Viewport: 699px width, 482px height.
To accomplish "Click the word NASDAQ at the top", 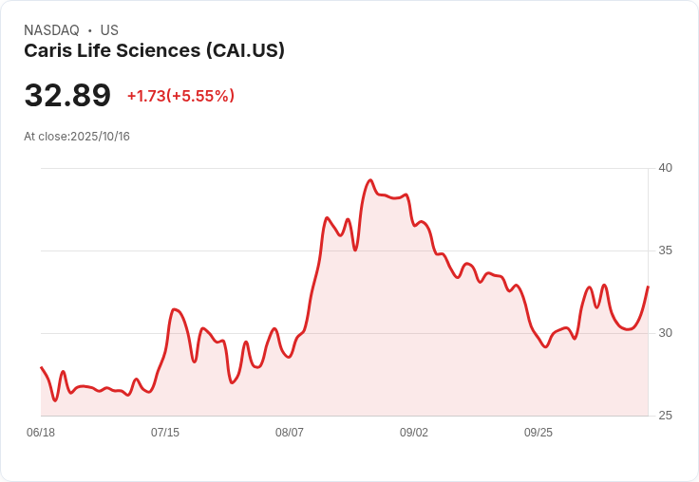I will (51, 30).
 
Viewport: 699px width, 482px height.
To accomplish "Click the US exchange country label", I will (109, 30).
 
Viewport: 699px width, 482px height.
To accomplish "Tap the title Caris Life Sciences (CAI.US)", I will (154, 51).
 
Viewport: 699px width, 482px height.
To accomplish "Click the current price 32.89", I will (67, 96).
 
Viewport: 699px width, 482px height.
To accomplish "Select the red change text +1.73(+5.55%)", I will (180, 96).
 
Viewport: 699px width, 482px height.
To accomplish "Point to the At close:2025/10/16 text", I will (77, 137).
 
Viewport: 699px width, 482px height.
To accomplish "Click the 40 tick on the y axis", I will (666, 168).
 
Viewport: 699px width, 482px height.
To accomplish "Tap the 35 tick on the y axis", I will (666, 250).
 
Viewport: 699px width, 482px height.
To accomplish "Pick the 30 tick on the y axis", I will (666, 333).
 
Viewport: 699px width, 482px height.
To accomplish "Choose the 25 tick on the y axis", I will (666, 416).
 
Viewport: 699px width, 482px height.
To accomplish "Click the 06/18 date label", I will (41, 433).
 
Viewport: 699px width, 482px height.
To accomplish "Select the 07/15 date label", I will (165, 433).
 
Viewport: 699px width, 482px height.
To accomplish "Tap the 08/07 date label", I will (290, 433).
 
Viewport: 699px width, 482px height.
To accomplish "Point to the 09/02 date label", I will (414, 433).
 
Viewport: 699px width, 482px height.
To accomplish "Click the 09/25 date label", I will (538, 433).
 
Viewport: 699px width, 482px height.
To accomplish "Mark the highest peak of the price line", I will (370, 180).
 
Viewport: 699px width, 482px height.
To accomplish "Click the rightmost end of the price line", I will (648, 287).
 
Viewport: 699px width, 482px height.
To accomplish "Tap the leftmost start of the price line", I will (41, 367).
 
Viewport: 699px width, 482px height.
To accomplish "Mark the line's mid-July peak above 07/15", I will (175, 309).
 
